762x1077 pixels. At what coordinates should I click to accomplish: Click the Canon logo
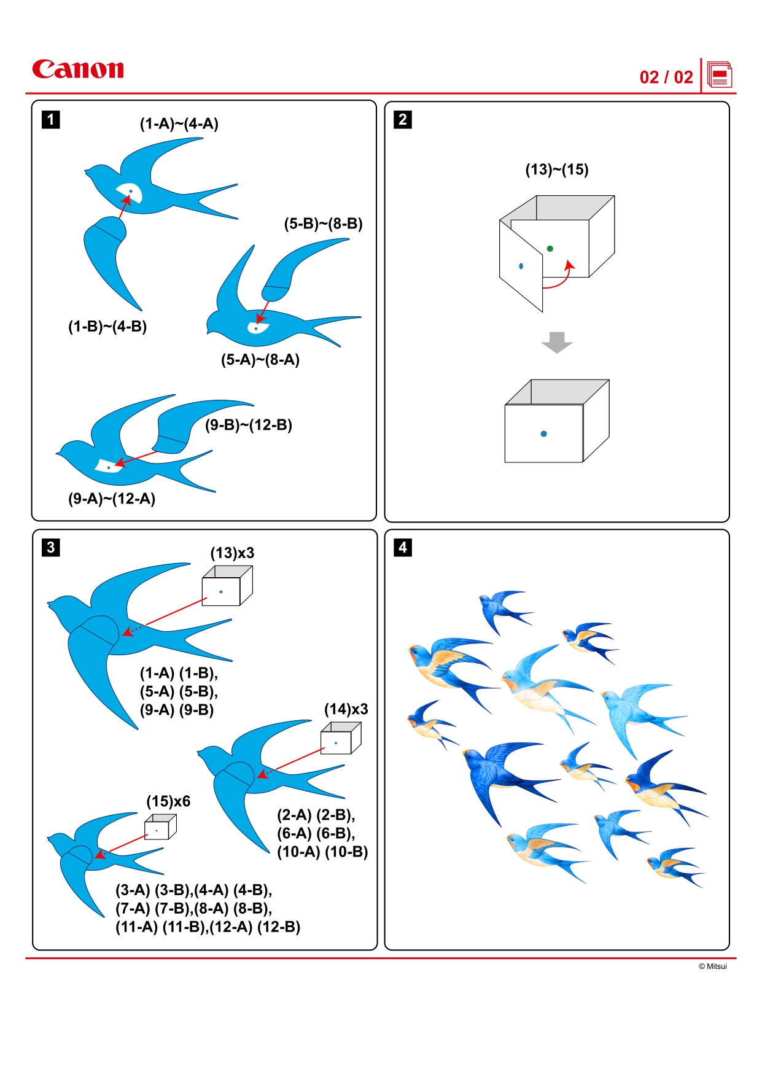(x=78, y=69)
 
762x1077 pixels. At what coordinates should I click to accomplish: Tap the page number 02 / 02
(x=666, y=77)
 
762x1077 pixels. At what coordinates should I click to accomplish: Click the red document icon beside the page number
(x=720, y=76)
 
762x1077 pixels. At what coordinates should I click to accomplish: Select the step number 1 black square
(x=51, y=119)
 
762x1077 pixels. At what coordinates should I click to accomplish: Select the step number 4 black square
(x=403, y=547)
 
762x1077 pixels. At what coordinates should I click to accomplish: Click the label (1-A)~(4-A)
(x=179, y=124)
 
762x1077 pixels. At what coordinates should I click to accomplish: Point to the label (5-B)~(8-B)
(x=323, y=224)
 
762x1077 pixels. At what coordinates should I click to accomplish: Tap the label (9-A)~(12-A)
(x=112, y=499)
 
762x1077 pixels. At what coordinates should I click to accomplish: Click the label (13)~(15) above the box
(x=557, y=169)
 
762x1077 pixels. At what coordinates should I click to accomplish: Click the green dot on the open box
(x=550, y=249)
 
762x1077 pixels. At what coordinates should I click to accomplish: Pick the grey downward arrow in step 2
(x=557, y=342)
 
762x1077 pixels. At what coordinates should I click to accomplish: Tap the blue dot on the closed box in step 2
(x=543, y=434)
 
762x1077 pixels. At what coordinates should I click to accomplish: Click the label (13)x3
(x=232, y=553)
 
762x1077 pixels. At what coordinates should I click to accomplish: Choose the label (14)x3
(x=346, y=709)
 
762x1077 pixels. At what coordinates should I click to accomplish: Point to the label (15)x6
(x=168, y=801)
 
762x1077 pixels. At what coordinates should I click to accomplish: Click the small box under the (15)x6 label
(x=160, y=828)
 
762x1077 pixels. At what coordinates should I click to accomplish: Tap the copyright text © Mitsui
(x=712, y=966)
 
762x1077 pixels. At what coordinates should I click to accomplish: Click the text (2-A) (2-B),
(x=316, y=815)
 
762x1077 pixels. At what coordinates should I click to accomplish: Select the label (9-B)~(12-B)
(x=249, y=425)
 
